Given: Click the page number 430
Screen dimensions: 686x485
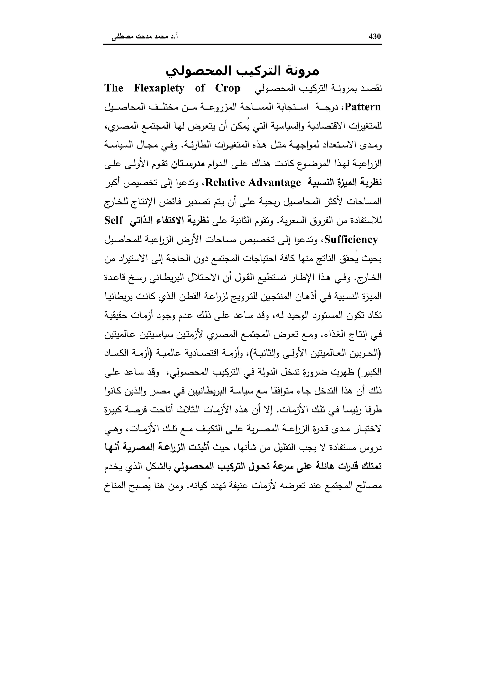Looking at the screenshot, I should pos(375,36).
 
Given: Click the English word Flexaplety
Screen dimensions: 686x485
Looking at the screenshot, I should pos(159,88).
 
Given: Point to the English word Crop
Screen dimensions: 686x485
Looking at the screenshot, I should pos(228,88).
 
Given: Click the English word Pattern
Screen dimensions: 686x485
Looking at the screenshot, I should pos(363,107).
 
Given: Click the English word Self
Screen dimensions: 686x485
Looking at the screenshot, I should pos(114,221).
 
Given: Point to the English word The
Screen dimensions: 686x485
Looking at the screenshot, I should pos(114,88).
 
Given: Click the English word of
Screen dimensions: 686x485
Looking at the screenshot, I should pos(200,88).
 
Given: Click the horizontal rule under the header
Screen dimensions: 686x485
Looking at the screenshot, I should pos(242,45).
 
